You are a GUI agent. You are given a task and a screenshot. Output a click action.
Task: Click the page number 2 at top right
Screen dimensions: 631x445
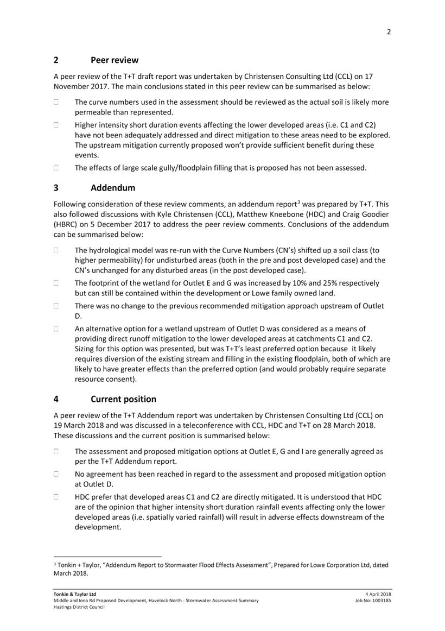click(x=389, y=31)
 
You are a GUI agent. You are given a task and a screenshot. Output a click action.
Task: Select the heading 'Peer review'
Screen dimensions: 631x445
click(x=115, y=60)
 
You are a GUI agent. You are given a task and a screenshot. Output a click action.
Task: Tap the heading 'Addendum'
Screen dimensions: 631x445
click(x=113, y=188)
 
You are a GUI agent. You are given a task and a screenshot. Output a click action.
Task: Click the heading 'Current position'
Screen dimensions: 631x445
click(x=123, y=399)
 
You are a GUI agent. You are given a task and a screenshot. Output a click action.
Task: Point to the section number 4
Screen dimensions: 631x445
click(x=56, y=399)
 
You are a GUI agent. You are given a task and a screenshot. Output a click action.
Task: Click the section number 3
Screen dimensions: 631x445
click(x=56, y=188)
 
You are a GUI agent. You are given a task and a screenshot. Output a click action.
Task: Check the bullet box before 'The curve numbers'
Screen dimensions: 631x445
click(x=56, y=102)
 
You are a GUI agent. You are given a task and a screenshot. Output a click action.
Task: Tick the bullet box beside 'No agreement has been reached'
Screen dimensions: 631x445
click(x=56, y=474)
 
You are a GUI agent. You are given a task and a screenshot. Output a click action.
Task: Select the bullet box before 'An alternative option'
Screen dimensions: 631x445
click(x=56, y=329)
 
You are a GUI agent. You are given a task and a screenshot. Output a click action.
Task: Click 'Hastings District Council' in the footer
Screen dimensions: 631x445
click(x=79, y=607)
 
